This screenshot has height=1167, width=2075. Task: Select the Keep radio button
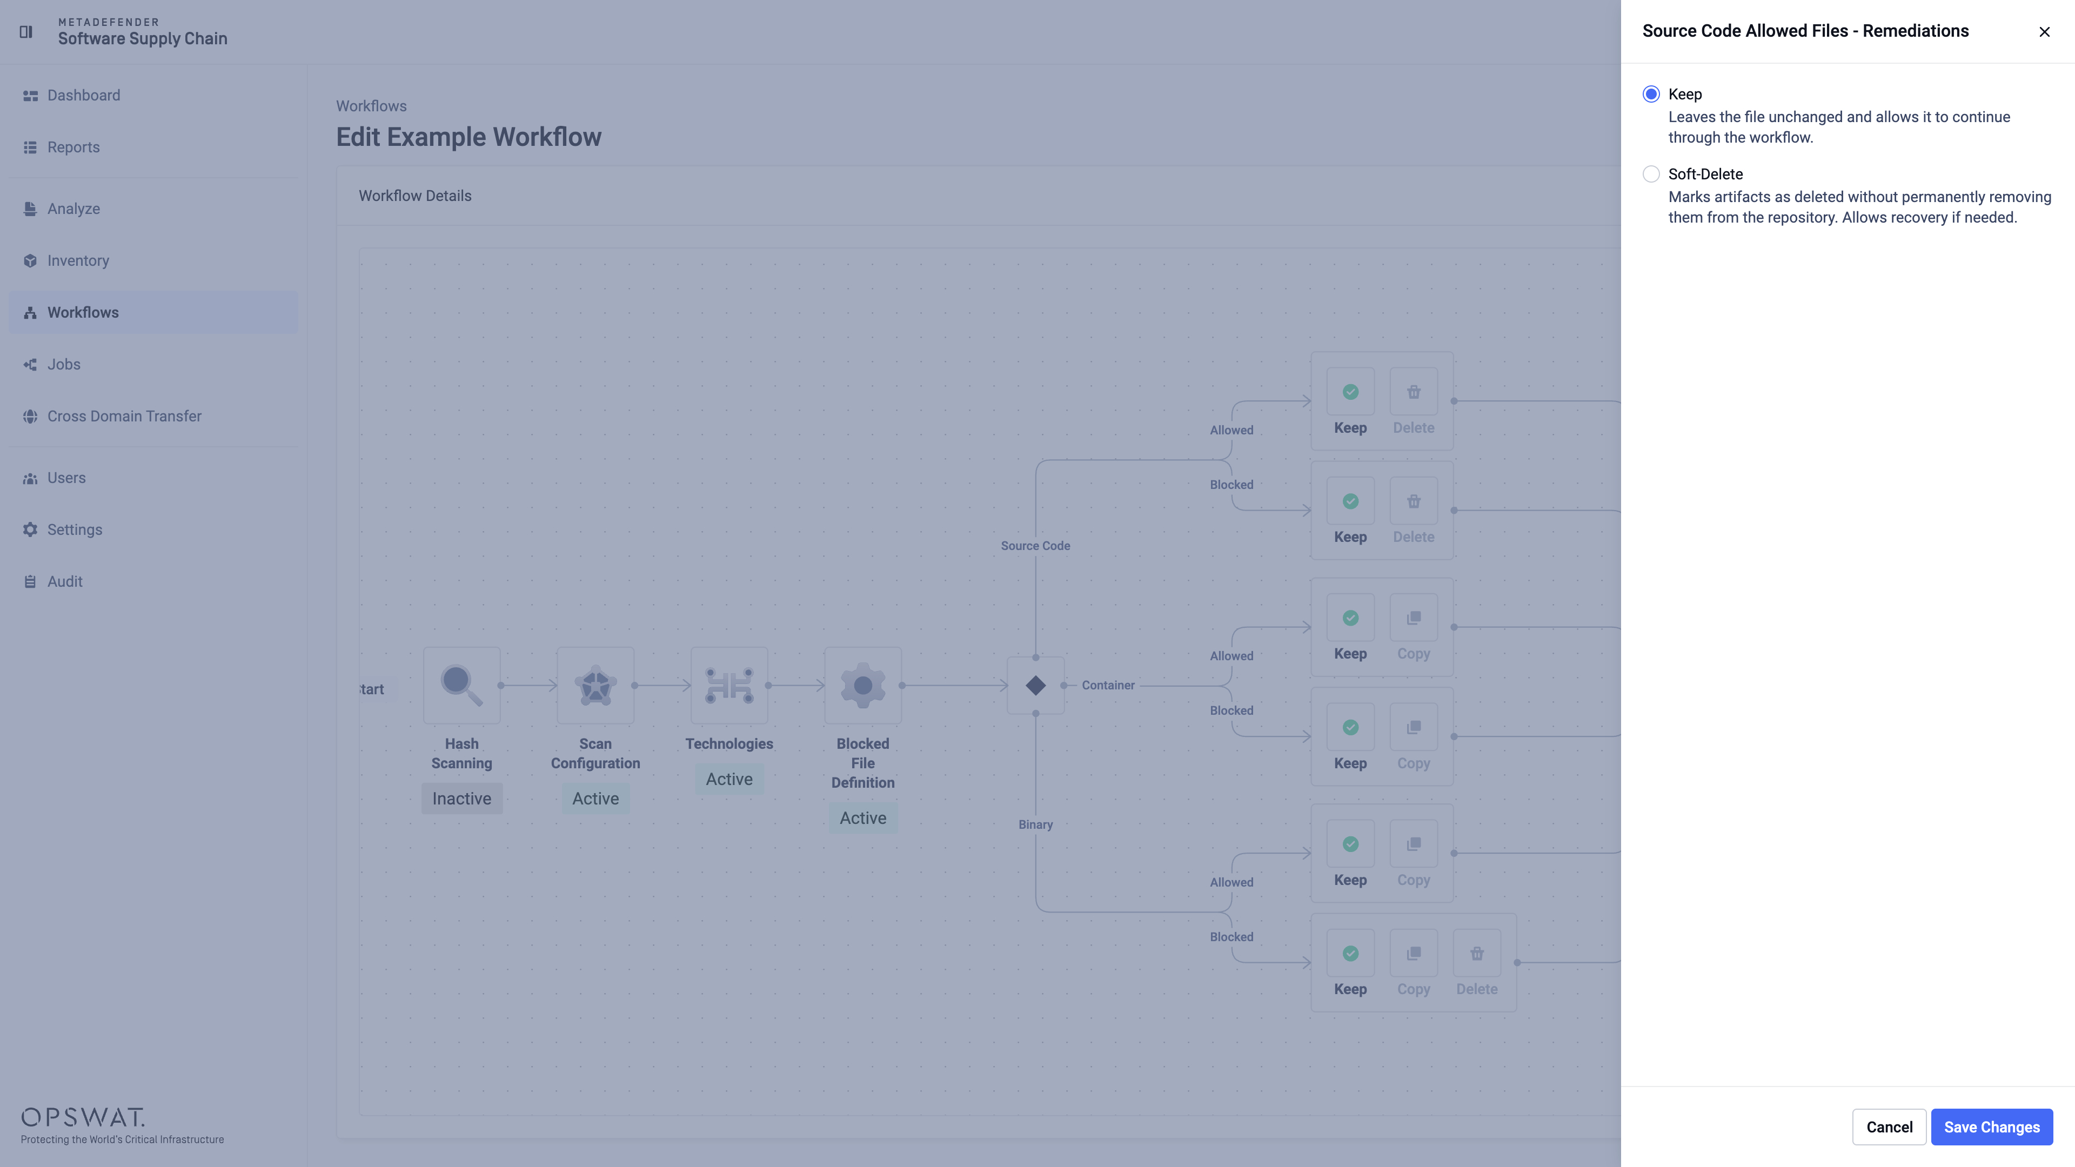point(1650,94)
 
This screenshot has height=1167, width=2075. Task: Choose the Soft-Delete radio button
point(1650,174)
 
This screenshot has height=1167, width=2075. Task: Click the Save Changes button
point(1991,1126)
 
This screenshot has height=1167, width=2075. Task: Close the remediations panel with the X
point(2044,31)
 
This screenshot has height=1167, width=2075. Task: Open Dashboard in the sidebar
point(83,95)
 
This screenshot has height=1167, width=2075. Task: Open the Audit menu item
point(64,581)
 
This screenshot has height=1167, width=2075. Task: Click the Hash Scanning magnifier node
point(461,686)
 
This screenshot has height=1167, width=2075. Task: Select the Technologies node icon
point(729,686)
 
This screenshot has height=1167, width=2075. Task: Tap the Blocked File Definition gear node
point(863,686)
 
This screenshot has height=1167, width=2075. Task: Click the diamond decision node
point(1036,686)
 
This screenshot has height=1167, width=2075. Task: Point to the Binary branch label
point(1035,824)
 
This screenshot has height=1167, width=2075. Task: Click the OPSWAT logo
point(83,1117)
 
